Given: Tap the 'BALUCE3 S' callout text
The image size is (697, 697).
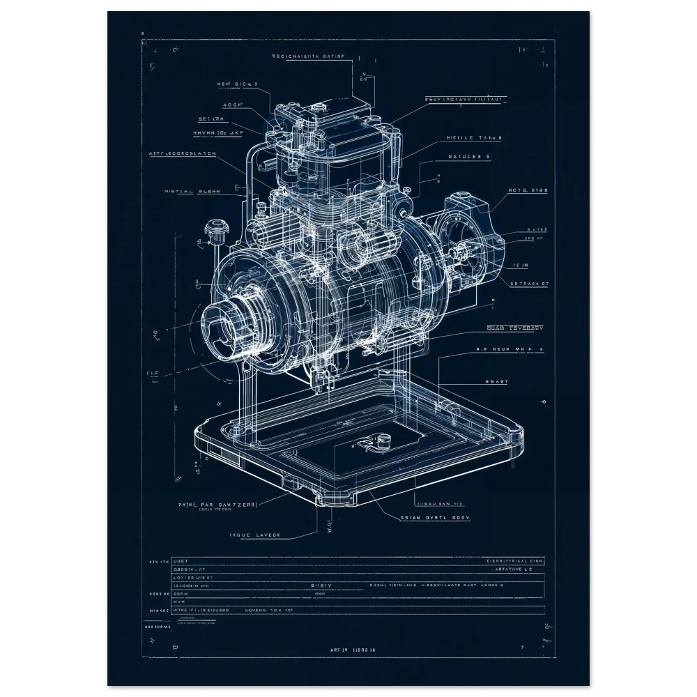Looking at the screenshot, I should click(468, 157).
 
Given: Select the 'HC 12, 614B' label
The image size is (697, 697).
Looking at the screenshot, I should click(528, 190).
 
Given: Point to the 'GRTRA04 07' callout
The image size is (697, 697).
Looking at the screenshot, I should click(529, 284).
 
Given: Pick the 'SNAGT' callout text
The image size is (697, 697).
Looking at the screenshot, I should click(497, 381).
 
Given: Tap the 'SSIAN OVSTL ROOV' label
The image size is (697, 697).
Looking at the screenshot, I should click(436, 518).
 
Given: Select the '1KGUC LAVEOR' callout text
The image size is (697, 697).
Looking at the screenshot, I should click(254, 535).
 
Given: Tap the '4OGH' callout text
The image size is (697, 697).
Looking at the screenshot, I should click(233, 105).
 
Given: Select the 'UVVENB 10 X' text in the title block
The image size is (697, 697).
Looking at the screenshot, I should click(268, 608).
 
